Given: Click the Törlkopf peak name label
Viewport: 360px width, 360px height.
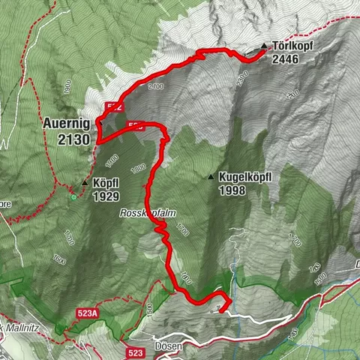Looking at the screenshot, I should point(293,45).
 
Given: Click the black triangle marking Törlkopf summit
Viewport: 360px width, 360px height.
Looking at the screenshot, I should point(263,46).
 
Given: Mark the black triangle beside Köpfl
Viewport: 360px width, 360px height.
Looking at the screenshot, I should point(85,181).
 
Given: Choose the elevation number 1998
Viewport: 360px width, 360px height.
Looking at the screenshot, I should point(235,190).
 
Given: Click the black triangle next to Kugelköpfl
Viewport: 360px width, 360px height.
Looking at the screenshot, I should point(211,177).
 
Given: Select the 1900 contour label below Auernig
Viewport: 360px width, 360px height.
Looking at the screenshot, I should point(112,159).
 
